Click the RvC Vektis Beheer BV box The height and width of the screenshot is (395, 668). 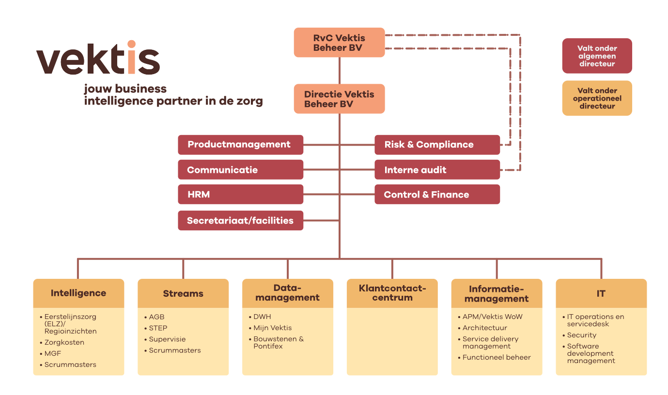pyautogui.click(x=339, y=43)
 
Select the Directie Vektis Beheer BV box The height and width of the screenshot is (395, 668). pyautogui.click(x=339, y=99)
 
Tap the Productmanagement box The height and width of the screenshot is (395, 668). pyautogui.click(x=240, y=145)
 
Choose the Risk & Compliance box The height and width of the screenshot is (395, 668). pyautogui.click(x=437, y=145)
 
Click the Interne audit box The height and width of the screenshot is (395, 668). pyautogui.click(x=437, y=170)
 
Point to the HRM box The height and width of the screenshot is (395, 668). pyautogui.click(x=240, y=195)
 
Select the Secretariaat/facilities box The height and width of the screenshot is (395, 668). pyautogui.click(x=240, y=220)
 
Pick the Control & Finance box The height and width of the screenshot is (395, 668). pyautogui.click(x=437, y=195)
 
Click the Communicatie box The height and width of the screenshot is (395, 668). pyautogui.click(x=240, y=170)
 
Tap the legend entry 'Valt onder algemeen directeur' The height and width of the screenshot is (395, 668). pyautogui.click(x=597, y=56)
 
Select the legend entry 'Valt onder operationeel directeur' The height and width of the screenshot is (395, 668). pyautogui.click(x=597, y=98)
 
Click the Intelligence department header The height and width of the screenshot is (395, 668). pyautogui.click(x=78, y=293)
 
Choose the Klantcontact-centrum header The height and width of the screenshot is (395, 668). pyautogui.click(x=392, y=293)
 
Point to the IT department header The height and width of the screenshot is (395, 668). pyautogui.click(x=601, y=293)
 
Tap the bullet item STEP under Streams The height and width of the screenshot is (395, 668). pyautogui.click(x=158, y=328)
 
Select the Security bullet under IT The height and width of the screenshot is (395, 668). pyautogui.click(x=581, y=335)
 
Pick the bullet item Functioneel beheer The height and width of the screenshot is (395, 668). pyautogui.click(x=496, y=357)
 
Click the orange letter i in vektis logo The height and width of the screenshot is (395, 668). pyautogui.click(x=131, y=58)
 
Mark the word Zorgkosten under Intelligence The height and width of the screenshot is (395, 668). pyautogui.click(x=64, y=342)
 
